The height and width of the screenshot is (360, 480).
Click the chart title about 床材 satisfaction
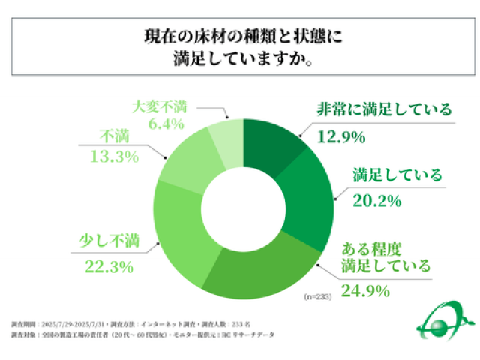[x=239, y=47]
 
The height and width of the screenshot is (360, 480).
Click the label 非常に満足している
[x=383, y=109]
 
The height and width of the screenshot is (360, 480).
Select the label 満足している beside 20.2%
[x=397, y=175]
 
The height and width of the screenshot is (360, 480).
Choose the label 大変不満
[x=157, y=105]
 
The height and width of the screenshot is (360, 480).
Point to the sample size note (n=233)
[x=317, y=295]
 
